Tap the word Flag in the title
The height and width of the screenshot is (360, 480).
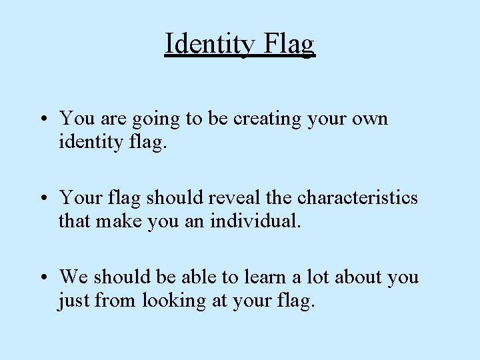click(x=289, y=44)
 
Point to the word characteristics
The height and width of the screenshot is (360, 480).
click(x=357, y=198)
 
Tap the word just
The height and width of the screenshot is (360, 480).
click(x=74, y=301)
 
